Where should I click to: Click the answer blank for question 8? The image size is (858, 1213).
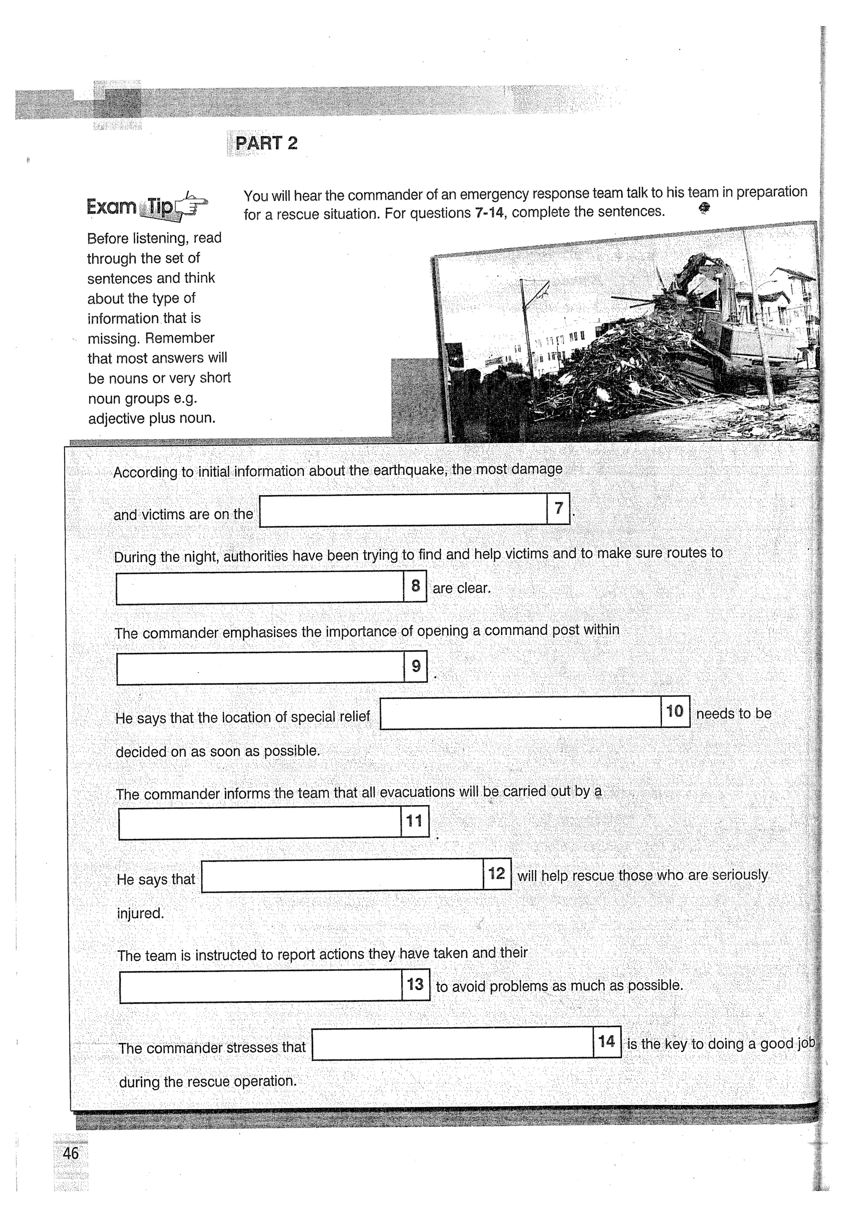point(259,587)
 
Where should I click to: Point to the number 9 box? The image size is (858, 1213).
point(415,666)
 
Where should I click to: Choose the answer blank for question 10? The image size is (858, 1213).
point(520,713)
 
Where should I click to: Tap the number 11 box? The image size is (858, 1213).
point(414,821)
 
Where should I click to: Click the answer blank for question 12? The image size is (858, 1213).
point(342,875)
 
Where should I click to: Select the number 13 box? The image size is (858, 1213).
point(415,984)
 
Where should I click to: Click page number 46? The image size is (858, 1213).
point(70,1153)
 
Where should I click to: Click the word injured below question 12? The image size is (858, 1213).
point(140,913)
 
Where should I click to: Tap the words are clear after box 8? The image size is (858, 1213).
point(461,588)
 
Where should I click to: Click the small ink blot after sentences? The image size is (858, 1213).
point(704,208)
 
